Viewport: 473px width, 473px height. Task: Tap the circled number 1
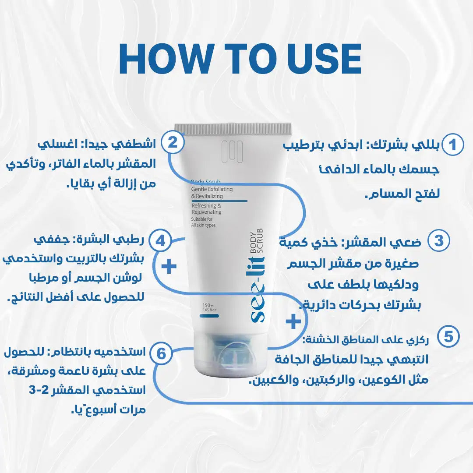coord(452,145)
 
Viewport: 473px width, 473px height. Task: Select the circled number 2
coord(173,143)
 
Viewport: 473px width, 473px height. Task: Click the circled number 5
coord(448,337)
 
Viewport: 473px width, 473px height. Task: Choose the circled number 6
coord(162,353)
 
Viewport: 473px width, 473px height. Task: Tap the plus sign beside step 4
coord(169,266)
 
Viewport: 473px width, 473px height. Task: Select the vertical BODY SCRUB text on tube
coord(255,246)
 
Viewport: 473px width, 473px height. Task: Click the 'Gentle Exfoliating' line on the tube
coord(212,189)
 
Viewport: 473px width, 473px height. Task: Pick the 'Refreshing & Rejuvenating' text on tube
coord(206,208)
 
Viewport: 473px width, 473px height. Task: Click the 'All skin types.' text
coord(204,225)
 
